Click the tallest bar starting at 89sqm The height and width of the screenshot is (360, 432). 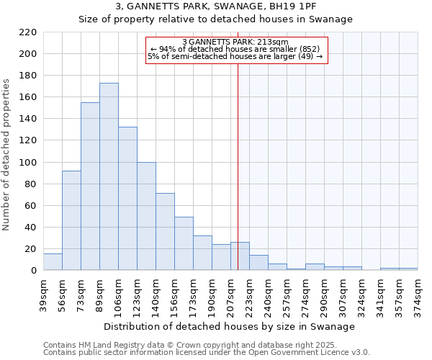tap(109, 176)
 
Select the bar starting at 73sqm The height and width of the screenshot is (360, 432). tap(90, 186)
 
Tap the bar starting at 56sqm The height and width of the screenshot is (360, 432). tap(71, 220)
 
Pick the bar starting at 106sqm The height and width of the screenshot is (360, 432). tap(127, 199)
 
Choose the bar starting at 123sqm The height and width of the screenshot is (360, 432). tap(146, 216)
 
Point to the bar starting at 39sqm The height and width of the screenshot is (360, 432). tap(53, 262)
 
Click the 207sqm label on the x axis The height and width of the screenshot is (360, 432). tap(230, 293)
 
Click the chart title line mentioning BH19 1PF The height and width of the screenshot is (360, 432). tap(216, 6)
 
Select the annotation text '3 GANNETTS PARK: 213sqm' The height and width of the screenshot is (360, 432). tap(235, 42)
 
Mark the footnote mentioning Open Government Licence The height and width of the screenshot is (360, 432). tap(207, 353)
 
